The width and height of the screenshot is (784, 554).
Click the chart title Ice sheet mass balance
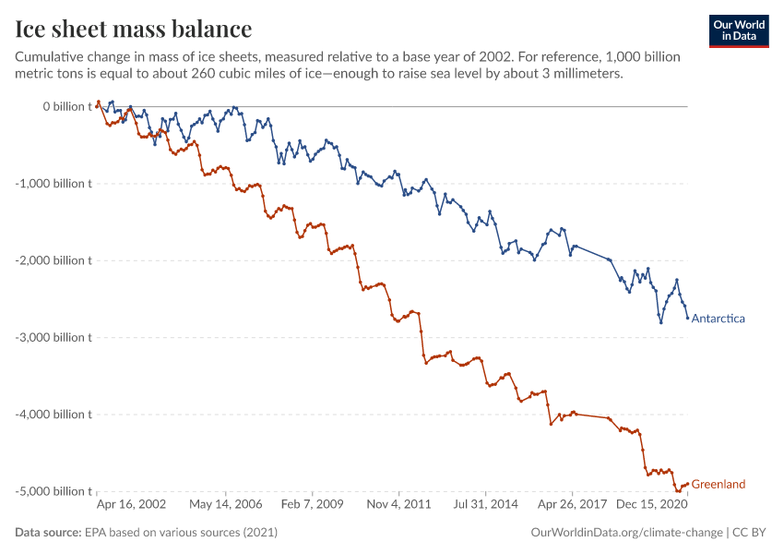click(134, 30)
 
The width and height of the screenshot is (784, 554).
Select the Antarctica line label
click(718, 319)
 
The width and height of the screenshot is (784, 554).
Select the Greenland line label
click(718, 484)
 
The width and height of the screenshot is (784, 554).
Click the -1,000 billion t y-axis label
click(54, 183)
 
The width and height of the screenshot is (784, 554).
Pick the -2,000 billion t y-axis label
click(54, 260)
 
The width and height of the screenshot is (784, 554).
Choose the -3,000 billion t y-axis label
click(54, 337)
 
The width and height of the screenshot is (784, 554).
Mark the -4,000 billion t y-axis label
click(54, 414)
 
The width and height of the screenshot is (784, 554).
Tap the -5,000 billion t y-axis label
click(54, 491)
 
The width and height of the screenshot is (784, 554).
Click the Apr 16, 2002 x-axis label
click(132, 505)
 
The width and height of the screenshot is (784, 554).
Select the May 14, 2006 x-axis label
click(225, 505)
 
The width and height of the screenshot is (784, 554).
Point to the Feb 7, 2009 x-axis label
click(312, 505)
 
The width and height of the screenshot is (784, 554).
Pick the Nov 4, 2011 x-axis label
click(398, 505)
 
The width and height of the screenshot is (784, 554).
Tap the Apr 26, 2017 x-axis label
click(569, 505)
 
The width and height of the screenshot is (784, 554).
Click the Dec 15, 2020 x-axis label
click(650, 505)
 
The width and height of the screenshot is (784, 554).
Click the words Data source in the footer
click(47, 533)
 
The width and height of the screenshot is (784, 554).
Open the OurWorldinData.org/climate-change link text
click(627, 533)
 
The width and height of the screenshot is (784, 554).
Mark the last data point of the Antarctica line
click(687, 319)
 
